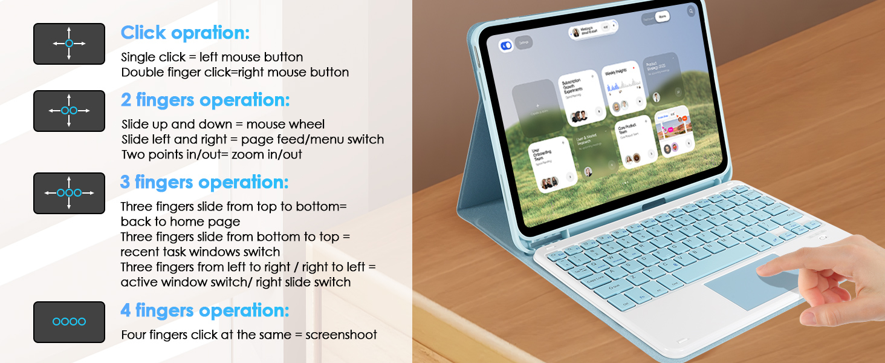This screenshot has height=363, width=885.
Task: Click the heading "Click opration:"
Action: [x=185, y=33]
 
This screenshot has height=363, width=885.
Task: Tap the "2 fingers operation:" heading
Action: [x=206, y=100]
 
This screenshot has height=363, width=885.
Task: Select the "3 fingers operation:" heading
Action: [x=204, y=182]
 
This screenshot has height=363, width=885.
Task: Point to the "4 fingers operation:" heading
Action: [x=204, y=310]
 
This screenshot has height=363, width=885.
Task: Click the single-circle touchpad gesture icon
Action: [x=69, y=44]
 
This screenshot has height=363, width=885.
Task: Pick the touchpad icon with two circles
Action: [x=69, y=111]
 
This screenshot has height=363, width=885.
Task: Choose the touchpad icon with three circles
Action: [x=69, y=193]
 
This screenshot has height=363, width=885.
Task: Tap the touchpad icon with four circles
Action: [x=69, y=322]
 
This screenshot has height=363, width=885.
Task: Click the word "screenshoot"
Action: [x=342, y=335]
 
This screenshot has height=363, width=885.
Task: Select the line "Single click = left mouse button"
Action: [x=212, y=57]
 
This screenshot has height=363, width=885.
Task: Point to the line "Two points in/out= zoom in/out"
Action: [x=212, y=154]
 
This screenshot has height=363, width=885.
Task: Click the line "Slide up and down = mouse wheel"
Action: [x=223, y=125]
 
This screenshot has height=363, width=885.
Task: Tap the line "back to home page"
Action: [x=180, y=221]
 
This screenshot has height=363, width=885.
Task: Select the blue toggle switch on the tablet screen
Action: [x=506, y=45]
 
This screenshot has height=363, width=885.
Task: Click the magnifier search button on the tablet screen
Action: [x=691, y=11]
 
